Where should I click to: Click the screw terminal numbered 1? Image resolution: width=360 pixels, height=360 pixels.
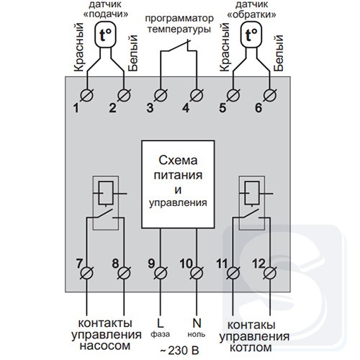(x=86, y=95)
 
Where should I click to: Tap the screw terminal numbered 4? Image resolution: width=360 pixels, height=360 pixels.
(x=197, y=95)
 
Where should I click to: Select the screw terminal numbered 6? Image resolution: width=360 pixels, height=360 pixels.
(x=270, y=95)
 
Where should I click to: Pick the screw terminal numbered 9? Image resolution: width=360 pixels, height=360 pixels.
(x=161, y=273)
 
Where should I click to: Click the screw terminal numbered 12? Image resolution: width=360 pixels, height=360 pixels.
(x=270, y=273)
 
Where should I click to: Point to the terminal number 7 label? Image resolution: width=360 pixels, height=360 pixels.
(x=79, y=264)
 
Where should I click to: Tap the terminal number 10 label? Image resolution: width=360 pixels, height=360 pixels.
(x=186, y=264)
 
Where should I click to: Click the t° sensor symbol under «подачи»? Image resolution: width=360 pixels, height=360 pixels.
(x=106, y=35)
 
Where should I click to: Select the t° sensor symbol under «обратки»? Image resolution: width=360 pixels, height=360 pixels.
(x=251, y=35)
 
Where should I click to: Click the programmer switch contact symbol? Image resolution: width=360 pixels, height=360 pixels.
(x=179, y=47)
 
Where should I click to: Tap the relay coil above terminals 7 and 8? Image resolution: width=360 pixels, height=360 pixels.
(x=106, y=193)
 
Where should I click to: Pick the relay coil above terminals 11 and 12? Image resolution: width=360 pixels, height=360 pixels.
(x=252, y=193)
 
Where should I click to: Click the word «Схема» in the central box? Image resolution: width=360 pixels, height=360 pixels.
(x=178, y=161)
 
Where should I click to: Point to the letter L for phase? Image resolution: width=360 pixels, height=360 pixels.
(x=160, y=323)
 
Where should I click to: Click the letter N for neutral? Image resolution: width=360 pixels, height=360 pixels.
(x=197, y=323)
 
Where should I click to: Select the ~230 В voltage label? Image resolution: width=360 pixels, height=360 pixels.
(x=179, y=351)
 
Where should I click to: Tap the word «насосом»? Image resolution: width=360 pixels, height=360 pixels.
(x=105, y=346)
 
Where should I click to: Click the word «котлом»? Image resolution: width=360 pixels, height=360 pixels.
(x=251, y=348)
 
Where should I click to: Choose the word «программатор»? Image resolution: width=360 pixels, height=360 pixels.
(x=179, y=19)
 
